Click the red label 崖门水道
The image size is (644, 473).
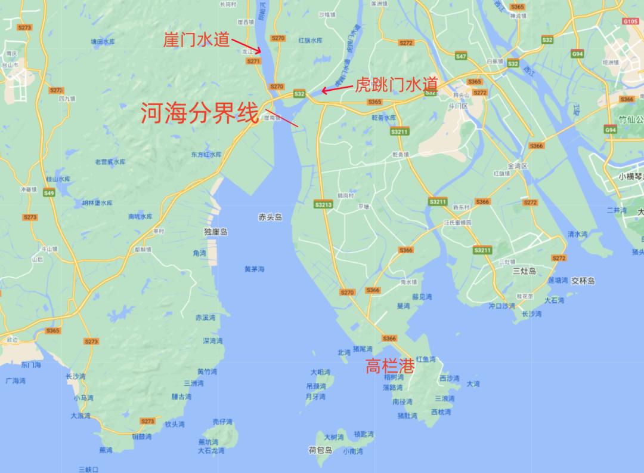point(197,39)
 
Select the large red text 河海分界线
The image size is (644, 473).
point(200,113)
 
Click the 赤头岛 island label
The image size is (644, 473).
point(270,217)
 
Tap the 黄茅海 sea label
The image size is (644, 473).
point(254,269)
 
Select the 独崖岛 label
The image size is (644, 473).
point(215,232)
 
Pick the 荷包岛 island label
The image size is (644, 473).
point(320,450)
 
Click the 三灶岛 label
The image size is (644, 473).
point(525,271)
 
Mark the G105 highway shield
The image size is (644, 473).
point(630,21)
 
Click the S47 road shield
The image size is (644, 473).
point(460,56)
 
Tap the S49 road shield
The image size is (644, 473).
point(48,193)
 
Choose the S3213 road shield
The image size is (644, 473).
point(323,205)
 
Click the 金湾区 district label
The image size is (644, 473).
point(516,165)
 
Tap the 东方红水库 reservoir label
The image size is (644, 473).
point(206,154)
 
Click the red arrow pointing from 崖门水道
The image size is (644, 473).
point(246,45)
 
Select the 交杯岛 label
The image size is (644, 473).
point(583,280)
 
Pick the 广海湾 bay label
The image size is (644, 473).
point(16,380)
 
